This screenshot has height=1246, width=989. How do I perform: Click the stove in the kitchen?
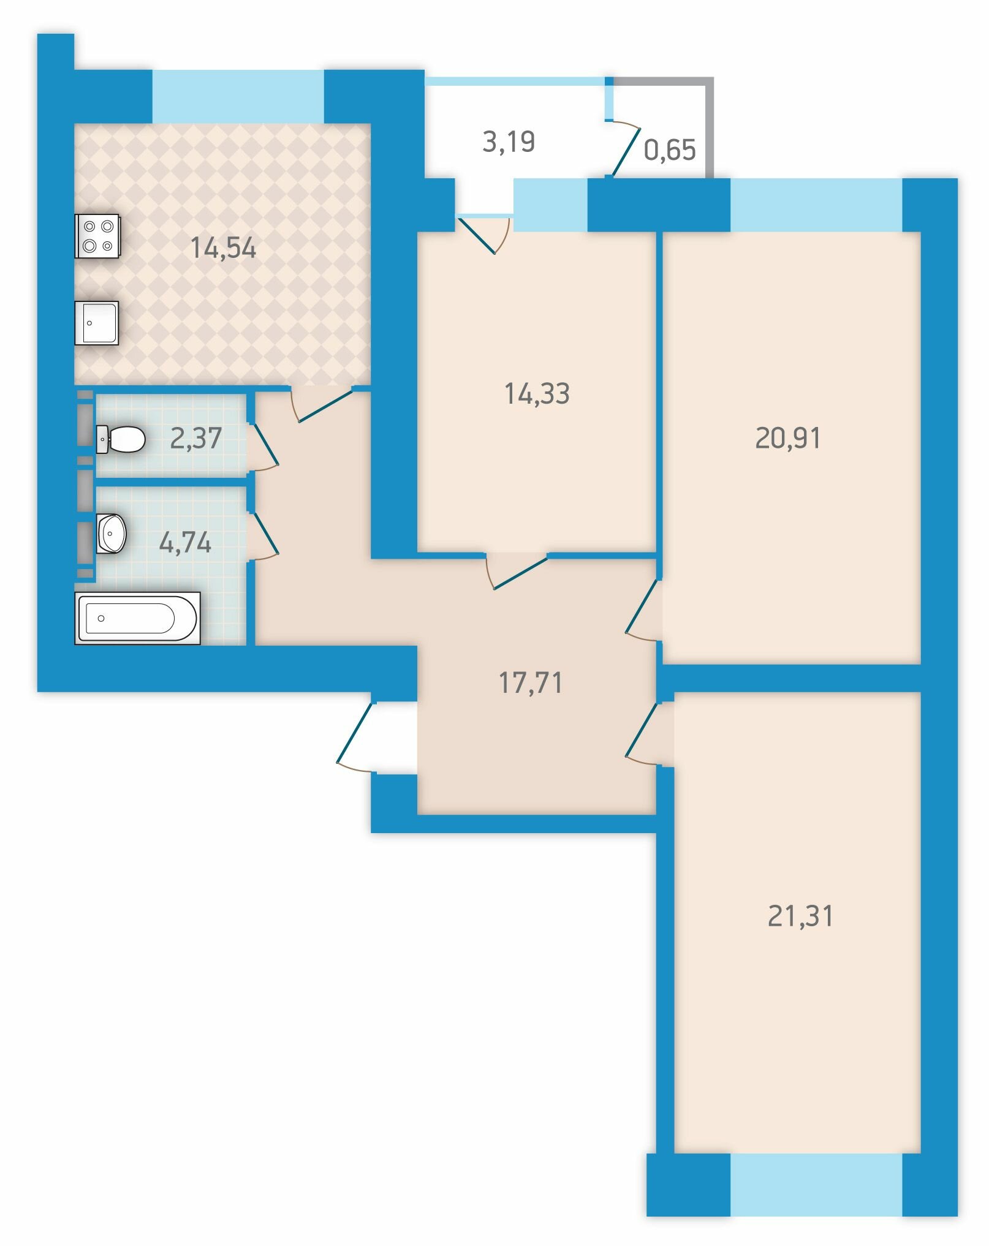pyautogui.click(x=97, y=236)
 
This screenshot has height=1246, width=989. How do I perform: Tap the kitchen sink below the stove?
pyautogui.click(x=97, y=323)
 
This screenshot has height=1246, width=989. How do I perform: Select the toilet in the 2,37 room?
pyautogui.click(x=121, y=439)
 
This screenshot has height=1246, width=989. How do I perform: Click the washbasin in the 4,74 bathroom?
pyautogui.click(x=112, y=533)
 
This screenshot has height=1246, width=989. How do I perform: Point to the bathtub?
pyautogui.click(x=137, y=618)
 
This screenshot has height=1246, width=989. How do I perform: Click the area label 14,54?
pyautogui.click(x=223, y=248)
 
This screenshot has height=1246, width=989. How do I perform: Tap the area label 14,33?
pyautogui.click(x=537, y=393)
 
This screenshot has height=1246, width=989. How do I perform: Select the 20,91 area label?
pyautogui.click(x=787, y=438)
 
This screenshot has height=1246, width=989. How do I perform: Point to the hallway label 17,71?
pyautogui.click(x=531, y=682)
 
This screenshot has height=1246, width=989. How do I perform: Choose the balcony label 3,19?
pyautogui.click(x=509, y=142)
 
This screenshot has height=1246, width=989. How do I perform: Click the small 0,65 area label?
pyautogui.click(x=670, y=149)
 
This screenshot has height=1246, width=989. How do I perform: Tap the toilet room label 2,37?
pyautogui.click(x=195, y=439)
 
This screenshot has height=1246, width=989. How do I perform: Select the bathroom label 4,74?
pyautogui.click(x=185, y=543)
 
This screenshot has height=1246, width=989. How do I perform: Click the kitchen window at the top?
pyautogui.click(x=238, y=97)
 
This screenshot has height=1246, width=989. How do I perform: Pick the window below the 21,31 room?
pyautogui.click(x=816, y=1185)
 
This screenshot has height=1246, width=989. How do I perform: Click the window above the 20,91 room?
pyautogui.click(x=816, y=205)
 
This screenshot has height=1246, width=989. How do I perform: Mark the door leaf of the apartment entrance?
pyautogui.click(x=355, y=733)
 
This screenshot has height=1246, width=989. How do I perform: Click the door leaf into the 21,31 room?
pyautogui.click(x=642, y=729)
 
